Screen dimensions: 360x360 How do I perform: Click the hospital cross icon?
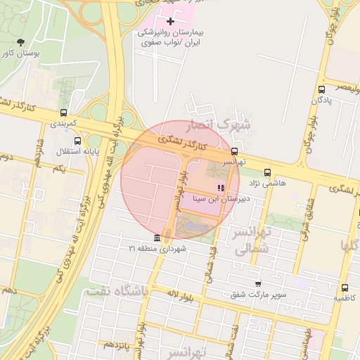pos(169,22)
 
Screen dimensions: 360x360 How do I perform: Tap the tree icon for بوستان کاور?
pos(20,42)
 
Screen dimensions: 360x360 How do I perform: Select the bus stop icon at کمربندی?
pos(64,112)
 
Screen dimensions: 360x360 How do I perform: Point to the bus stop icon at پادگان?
pos(322,89)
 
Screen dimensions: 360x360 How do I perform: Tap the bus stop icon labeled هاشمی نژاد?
pos(266,172)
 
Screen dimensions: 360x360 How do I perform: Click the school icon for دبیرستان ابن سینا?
pos(221,188)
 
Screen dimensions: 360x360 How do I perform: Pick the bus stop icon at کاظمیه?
pos(345,288)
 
